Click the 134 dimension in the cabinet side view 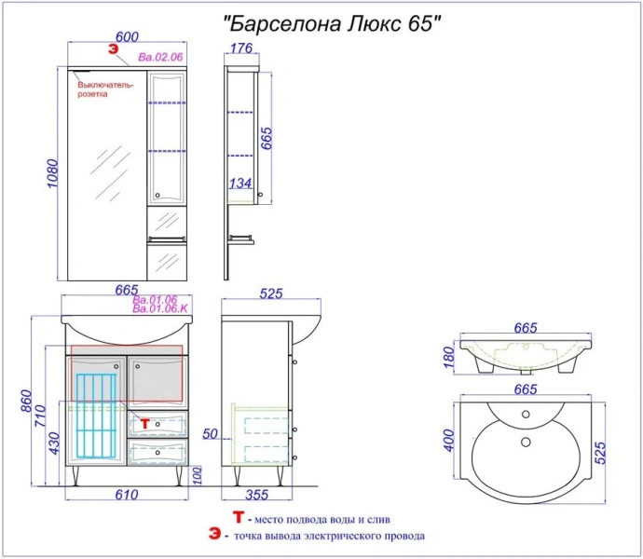click(x=240, y=184)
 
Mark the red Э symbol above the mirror click(x=112, y=50)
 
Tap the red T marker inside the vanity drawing click(x=144, y=423)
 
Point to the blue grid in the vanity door click(x=97, y=416)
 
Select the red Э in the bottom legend click(x=216, y=536)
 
